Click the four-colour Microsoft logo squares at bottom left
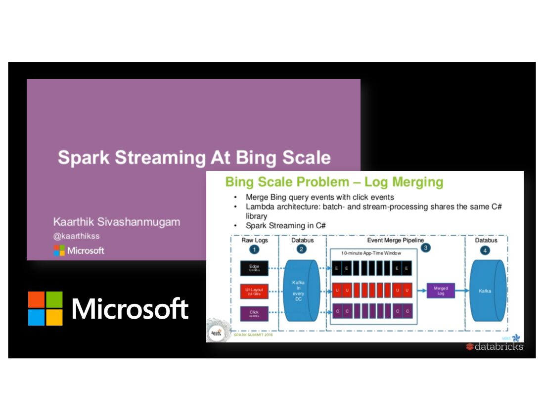pos(45,308)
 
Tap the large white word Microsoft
pos(130,309)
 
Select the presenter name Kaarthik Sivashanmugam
pos(117,222)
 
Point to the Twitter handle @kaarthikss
pos(76,236)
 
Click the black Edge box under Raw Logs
pos(254,268)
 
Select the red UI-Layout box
pos(254,291)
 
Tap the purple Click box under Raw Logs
pos(254,314)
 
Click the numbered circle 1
pos(254,250)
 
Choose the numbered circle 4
pos(486,250)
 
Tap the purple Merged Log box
pos(441,291)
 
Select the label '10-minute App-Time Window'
pos(371,253)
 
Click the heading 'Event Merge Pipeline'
pos(395,240)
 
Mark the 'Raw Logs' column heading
pos(254,240)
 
